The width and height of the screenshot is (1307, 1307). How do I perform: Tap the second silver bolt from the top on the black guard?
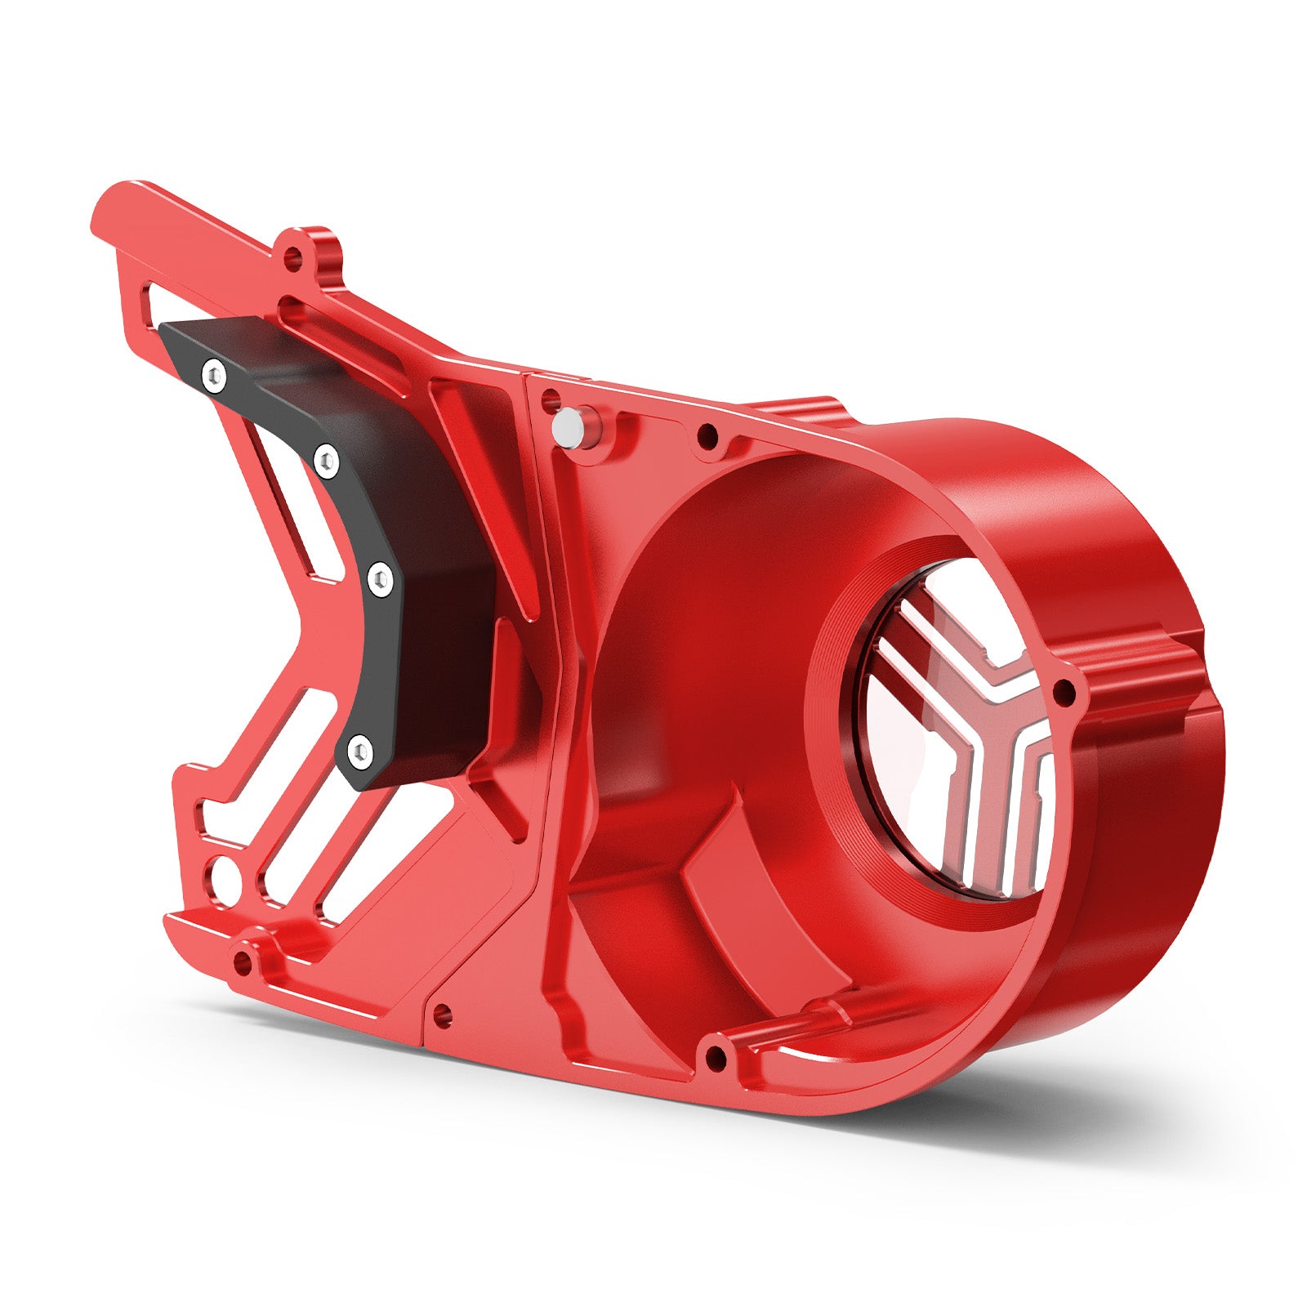click(326, 462)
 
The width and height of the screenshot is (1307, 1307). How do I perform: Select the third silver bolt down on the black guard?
click(380, 578)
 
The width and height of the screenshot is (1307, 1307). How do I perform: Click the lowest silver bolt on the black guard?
click(359, 750)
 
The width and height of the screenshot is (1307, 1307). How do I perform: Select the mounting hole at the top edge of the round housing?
click(707, 435)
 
